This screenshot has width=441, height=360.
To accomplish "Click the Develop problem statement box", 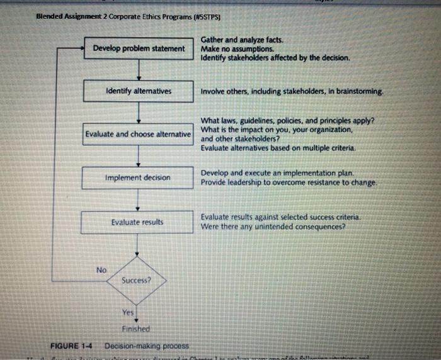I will (x=139, y=48).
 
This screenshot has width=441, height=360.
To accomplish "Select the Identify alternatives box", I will (x=139, y=91).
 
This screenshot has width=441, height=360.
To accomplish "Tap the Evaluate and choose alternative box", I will (x=139, y=134).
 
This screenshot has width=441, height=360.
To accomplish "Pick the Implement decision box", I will (x=139, y=177).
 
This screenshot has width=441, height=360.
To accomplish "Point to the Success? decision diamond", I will (x=137, y=279).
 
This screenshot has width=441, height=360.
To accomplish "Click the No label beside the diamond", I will (x=101, y=269).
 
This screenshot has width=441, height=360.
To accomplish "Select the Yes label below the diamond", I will (x=129, y=313).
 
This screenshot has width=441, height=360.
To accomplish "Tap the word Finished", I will (x=136, y=329).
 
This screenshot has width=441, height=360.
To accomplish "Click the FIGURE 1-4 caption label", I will (x=71, y=346).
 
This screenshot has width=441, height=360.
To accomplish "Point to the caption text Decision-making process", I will (x=146, y=346).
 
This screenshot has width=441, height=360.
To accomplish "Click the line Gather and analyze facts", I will (x=242, y=40).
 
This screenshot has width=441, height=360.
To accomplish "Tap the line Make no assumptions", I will (x=237, y=48).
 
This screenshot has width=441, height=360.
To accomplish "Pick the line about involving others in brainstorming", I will (x=292, y=91).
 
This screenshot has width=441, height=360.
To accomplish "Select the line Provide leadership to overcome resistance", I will (x=289, y=182).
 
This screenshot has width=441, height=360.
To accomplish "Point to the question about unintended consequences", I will (x=273, y=226).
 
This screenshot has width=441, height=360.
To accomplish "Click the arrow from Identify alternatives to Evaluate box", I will (x=138, y=113).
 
